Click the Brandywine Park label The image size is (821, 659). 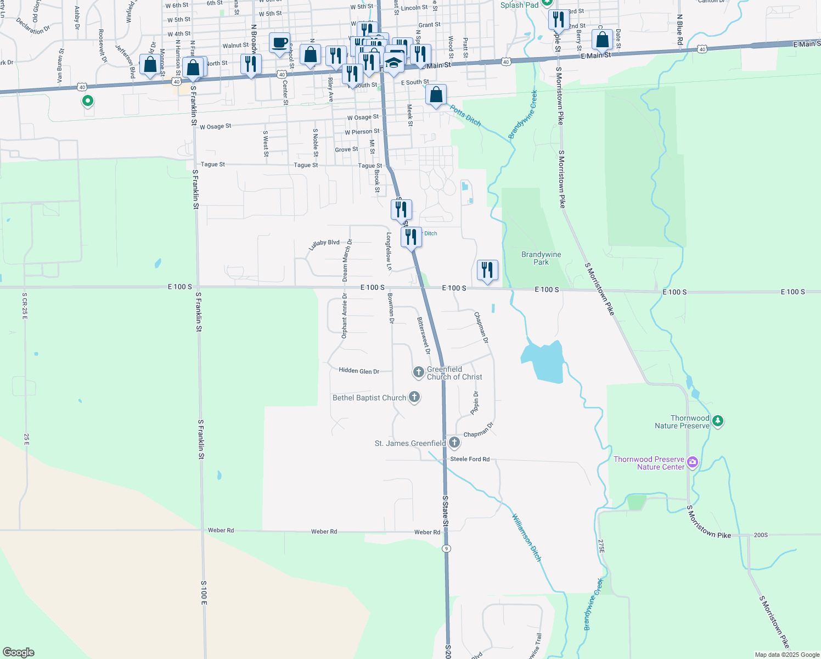(541, 258)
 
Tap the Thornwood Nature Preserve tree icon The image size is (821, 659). (717, 422)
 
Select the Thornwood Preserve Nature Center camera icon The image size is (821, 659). (692, 462)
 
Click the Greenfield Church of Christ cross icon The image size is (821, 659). (418, 373)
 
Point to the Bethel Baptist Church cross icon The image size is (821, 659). (414, 397)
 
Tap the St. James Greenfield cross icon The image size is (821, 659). (454, 443)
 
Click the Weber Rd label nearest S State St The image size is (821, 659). (427, 532)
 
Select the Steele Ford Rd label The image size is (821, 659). (470, 459)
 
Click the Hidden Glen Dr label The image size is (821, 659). (359, 371)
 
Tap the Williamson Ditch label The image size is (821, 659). (527, 538)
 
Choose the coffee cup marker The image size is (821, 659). (280, 43)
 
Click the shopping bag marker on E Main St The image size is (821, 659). (602, 40)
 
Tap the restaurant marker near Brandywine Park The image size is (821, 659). (487, 270)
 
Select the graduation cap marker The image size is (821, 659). (393, 63)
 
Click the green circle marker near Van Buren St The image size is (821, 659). (87, 101)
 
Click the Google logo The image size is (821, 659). (19, 652)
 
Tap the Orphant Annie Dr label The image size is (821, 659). (345, 315)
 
